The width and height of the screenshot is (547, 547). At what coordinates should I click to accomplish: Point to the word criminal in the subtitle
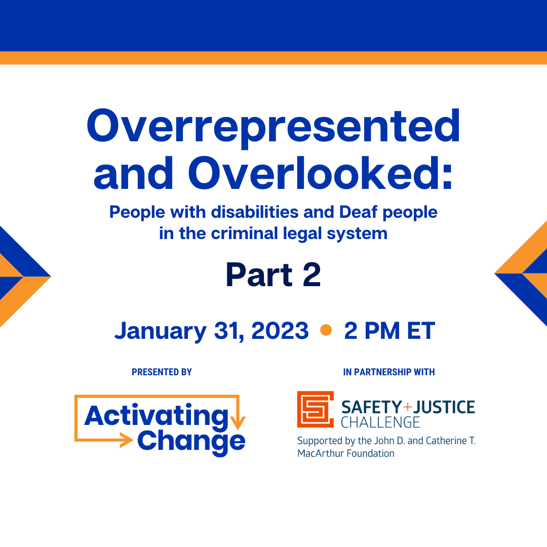tap(239, 233)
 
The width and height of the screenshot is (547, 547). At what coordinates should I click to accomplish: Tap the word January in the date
tap(160, 331)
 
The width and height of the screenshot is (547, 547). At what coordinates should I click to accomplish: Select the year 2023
tap(280, 331)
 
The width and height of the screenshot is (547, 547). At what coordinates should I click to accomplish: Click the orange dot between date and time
tap(326, 330)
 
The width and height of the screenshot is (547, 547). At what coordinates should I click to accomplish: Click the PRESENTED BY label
tap(162, 372)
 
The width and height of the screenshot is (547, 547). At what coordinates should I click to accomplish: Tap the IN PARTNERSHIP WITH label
tap(389, 372)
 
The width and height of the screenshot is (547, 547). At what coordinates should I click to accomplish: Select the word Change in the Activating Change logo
tap(191, 441)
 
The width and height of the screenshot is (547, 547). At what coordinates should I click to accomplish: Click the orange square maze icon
tap(315, 409)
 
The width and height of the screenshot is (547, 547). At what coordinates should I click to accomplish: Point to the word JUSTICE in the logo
tap(445, 407)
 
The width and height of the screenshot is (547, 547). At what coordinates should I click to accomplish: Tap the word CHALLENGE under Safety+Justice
tap(380, 422)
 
